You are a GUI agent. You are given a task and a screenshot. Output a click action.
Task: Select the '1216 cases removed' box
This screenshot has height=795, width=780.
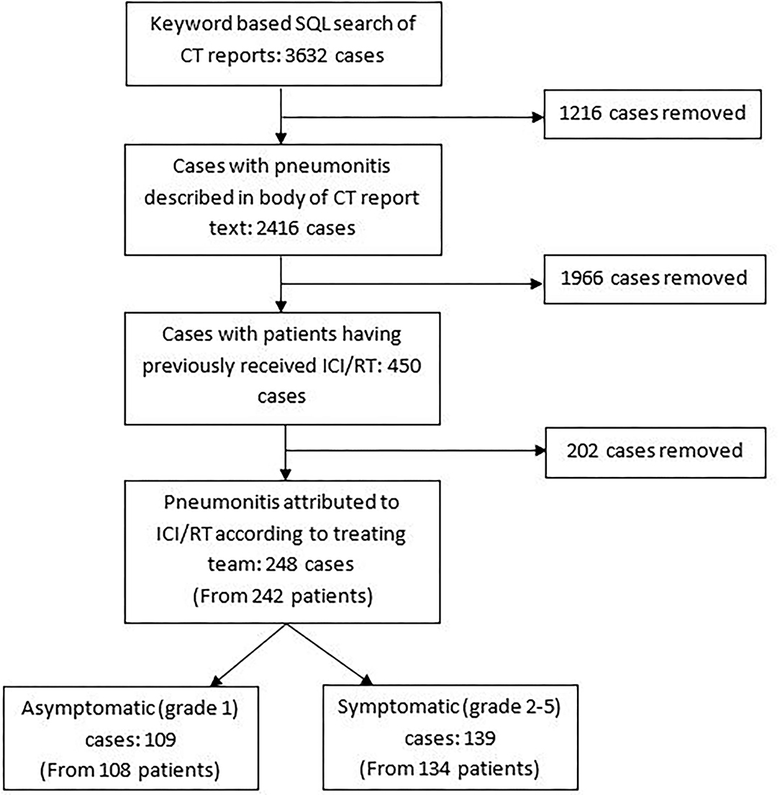click(651, 114)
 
